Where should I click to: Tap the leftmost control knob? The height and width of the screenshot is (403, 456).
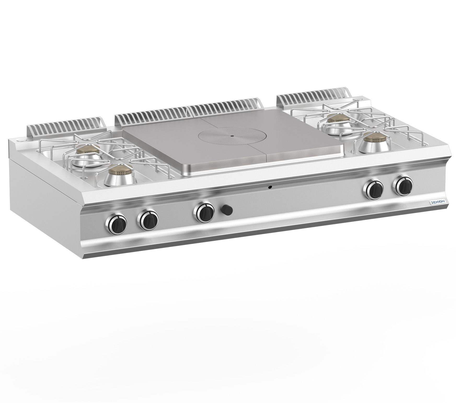click(116, 222)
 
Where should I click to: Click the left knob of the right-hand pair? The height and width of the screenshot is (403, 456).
click(374, 188)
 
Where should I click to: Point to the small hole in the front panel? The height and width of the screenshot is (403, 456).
click(271, 187)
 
